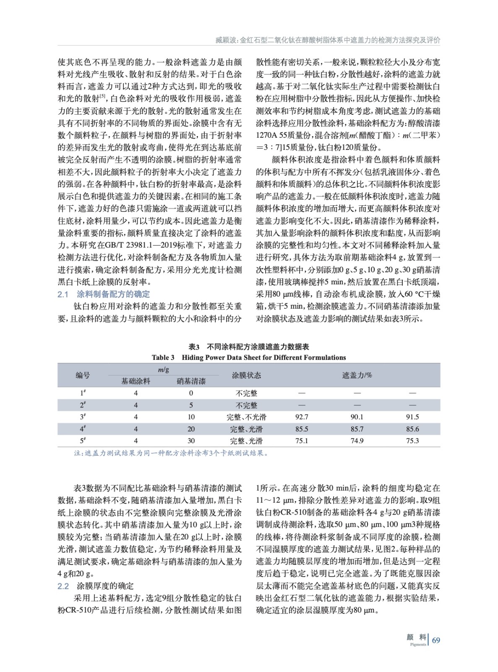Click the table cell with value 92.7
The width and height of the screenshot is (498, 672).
click(x=301, y=417)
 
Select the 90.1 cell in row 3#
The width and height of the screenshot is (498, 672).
click(x=357, y=417)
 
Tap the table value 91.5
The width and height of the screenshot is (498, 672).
click(x=412, y=417)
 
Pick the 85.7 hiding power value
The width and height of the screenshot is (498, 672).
click(x=357, y=429)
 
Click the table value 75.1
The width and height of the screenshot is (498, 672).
click(x=301, y=441)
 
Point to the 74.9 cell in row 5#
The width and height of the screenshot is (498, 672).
click(x=357, y=441)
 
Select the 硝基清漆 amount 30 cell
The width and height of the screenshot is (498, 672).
click(x=191, y=441)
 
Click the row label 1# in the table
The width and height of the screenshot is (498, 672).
click(x=83, y=393)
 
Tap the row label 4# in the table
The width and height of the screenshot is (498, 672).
click(x=83, y=429)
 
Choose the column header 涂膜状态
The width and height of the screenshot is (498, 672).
click(x=246, y=375)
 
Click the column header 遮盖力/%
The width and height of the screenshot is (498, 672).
click(x=357, y=375)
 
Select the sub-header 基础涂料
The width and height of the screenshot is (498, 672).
click(x=136, y=381)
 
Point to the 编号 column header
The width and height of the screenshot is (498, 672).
click(x=83, y=375)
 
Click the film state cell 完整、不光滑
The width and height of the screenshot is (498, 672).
click(x=246, y=417)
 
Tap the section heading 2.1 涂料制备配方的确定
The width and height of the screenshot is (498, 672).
click(x=104, y=294)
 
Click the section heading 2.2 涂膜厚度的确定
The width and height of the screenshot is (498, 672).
click(x=96, y=586)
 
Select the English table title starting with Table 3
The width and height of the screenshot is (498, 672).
click(x=249, y=358)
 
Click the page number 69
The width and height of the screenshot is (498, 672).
click(x=436, y=640)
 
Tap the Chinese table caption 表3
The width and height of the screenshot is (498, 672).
click(x=249, y=347)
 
